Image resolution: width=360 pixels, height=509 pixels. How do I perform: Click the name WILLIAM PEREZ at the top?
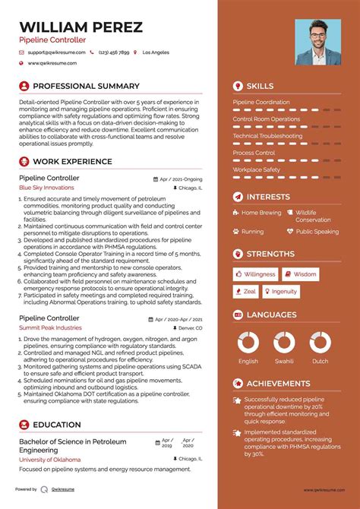pos(81,27)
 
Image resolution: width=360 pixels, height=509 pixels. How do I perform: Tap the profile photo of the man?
pos(317,41)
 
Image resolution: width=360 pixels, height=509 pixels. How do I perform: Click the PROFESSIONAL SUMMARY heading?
pos(86,87)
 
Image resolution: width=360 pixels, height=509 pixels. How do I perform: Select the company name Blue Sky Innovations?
pos(47,187)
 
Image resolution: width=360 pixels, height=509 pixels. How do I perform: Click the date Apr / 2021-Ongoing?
pos(182,179)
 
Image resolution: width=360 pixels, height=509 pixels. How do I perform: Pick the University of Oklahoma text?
pos(51,460)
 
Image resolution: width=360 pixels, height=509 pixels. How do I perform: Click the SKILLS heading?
pos(260,87)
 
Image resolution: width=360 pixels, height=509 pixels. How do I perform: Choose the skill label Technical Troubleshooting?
pos(267,136)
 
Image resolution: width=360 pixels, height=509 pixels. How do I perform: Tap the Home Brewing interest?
pos(261,213)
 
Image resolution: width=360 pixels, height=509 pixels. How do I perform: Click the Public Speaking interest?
pos(317,232)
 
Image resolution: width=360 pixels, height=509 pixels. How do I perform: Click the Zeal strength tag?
pos(247,291)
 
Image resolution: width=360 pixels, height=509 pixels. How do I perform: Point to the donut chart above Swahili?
pos(284,342)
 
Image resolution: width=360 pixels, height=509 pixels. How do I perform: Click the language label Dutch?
pos(320,362)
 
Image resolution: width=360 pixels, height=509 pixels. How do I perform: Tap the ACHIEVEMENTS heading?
pos(278,384)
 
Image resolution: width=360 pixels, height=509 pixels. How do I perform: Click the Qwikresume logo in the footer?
pos(55,489)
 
